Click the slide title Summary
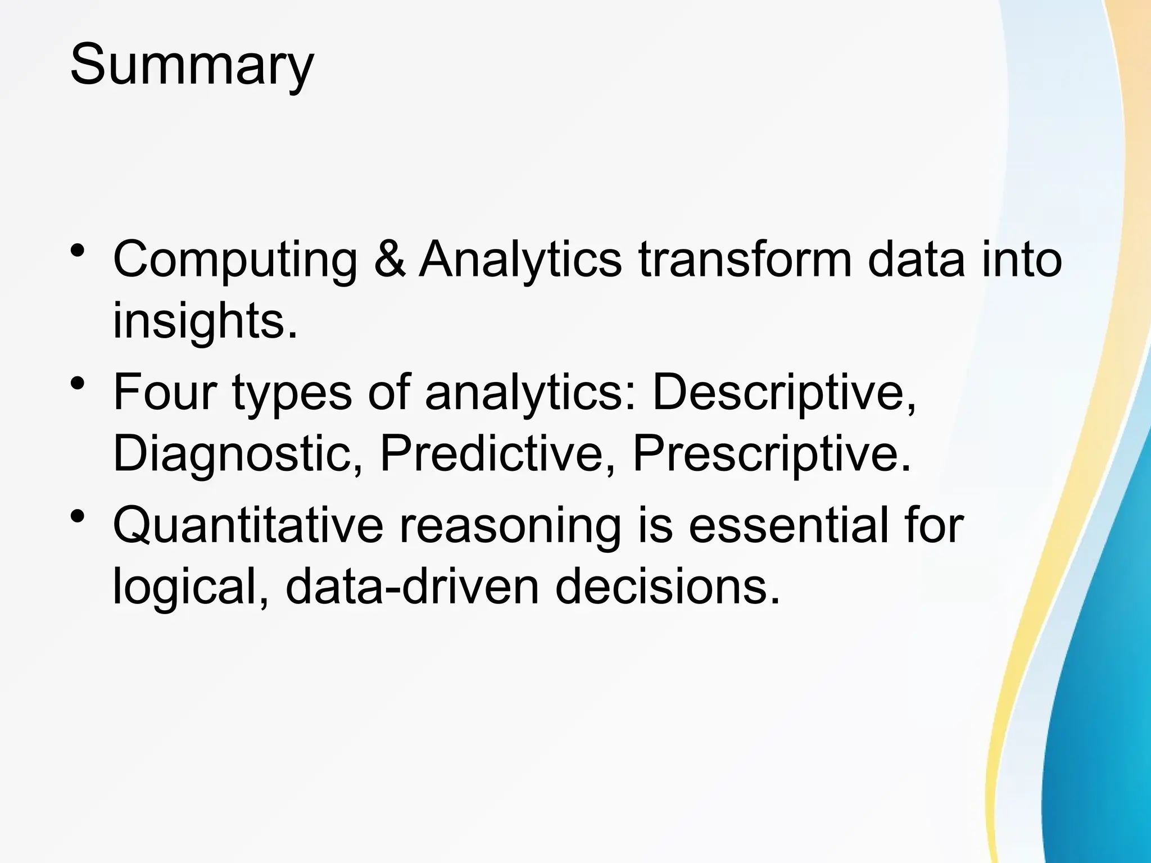(192, 66)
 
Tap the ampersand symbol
(389, 260)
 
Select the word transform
(745, 260)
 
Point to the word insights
(204, 321)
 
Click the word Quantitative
(248, 525)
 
